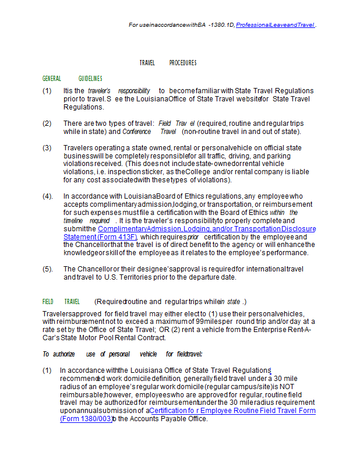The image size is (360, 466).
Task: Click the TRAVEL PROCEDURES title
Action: tap(168, 63)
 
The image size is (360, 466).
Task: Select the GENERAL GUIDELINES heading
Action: tap(72, 79)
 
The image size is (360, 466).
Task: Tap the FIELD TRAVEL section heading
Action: tap(61, 302)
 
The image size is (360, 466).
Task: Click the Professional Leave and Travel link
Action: tap(274, 25)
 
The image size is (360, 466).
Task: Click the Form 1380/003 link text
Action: tap(86, 418)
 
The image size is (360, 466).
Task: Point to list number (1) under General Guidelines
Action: tap(47, 91)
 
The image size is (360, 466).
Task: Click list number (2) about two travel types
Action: tap(47, 123)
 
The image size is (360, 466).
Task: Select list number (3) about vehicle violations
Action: tap(47, 148)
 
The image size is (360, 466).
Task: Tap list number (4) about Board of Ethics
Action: tap(47, 196)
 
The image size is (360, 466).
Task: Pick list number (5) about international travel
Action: tap(47, 269)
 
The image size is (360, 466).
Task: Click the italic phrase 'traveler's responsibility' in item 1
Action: tap(119, 91)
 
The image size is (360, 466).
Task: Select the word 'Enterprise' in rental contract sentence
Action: tap(273, 330)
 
